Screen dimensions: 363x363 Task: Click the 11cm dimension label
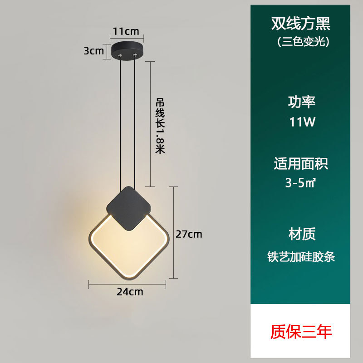(x=126, y=31)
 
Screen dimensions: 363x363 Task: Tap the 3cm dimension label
(x=94, y=51)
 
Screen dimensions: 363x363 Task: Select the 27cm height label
(x=189, y=234)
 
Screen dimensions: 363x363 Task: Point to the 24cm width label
(x=130, y=292)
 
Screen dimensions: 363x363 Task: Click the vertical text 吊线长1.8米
(x=159, y=125)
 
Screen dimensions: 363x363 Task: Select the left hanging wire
(x=121, y=123)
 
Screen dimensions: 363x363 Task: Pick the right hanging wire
(x=135, y=123)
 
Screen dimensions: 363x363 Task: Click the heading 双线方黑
(x=301, y=23)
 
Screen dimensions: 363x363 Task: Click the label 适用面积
(x=301, y=163)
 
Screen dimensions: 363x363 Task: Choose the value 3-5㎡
(x=301, y=183)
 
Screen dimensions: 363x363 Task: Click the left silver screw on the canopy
(x=120, y=54)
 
